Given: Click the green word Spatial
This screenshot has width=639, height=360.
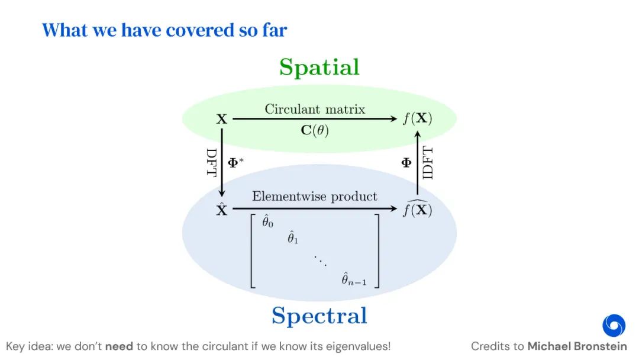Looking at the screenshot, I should point(319,67).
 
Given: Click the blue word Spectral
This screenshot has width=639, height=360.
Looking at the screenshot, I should point(319,315).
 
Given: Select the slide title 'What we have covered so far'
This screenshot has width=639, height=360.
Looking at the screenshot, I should point(164,30).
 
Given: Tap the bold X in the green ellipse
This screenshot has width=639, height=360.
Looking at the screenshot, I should point(222,119).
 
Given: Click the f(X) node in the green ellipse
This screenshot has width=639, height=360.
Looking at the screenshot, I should point(418,118).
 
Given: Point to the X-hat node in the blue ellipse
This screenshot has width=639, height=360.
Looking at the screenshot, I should point(222,208).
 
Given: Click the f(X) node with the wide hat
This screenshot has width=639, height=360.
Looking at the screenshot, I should point(418,209).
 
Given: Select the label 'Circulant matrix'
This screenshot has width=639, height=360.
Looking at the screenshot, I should point(315,109).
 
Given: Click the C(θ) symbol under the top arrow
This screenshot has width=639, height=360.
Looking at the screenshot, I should point(315,130).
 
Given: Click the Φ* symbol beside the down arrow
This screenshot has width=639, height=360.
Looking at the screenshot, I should point(237,162).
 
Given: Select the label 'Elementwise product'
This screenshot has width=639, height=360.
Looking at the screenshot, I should point(315,196).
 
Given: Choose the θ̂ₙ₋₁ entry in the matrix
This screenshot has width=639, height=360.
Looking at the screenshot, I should point(354,279).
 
